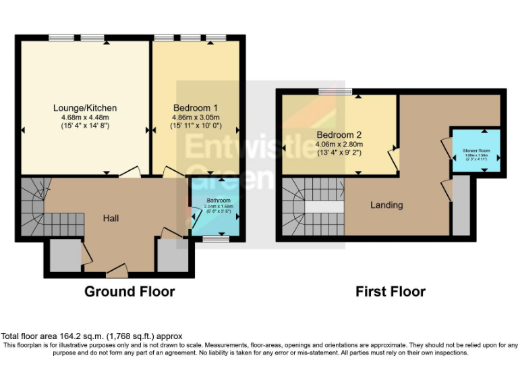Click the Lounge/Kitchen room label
coord(85,107)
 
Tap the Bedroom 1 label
coord(195,107)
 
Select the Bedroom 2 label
coord(339,134)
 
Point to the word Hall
coord(111,218)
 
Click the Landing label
coord(386,205)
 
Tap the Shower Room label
coord(476,150)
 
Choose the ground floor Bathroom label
coord(218,201)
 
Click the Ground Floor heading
coord(129,292)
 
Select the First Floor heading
coord(391,292)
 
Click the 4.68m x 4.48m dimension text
coord(85,117)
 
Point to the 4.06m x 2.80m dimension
coord(339,144)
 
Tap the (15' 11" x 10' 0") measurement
coord(195,126)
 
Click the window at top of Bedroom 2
coord(335,91)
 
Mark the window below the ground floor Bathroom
coord(216,238)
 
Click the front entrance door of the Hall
coord(116,273)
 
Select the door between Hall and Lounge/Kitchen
coord(131,174)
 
